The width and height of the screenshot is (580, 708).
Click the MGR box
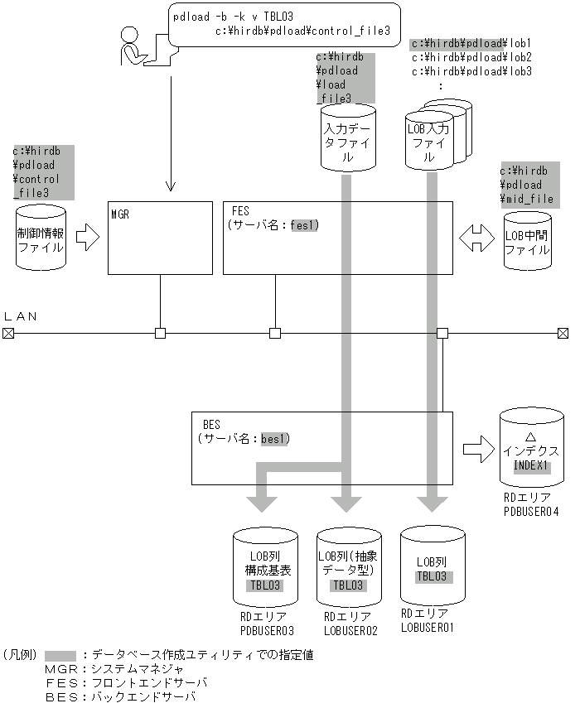[159, 238]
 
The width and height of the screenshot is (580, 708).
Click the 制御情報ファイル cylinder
[40, 238]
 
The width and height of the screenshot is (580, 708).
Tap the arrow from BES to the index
[478, 449]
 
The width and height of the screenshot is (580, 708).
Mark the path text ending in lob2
[471, 57]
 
